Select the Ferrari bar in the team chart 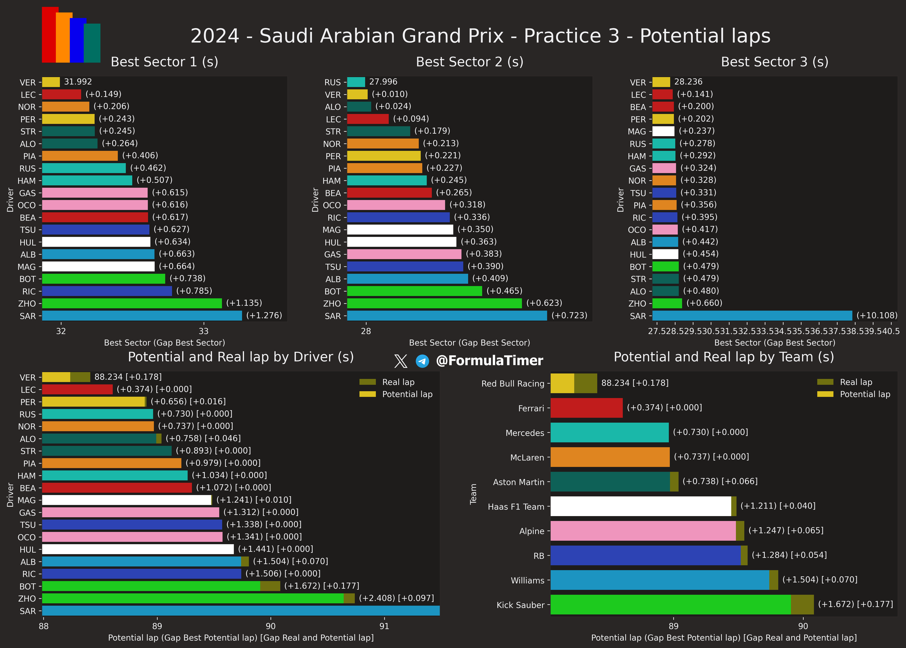point(586,408)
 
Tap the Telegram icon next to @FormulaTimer point(422,361)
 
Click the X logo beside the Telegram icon point(400,361)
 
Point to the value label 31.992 point(78,82)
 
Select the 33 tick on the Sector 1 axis point(203,331)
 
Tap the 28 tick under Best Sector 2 point(366,331)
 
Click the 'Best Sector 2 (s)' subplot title point(469,62)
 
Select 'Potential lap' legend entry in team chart point(865,394)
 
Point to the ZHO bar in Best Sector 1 point(132,303)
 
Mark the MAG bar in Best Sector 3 point(663,131)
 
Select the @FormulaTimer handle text point(489,361)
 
